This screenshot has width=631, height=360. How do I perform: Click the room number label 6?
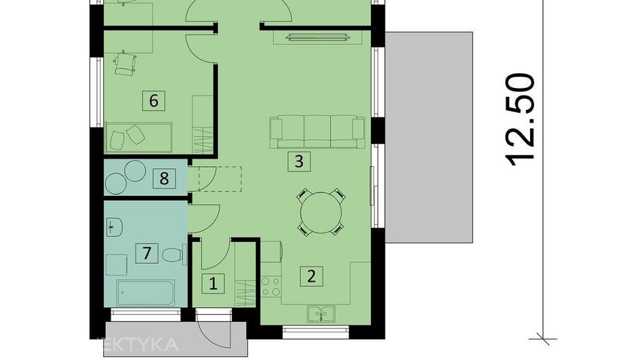coord(154,100)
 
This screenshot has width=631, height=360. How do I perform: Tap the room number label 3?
coord(299,162)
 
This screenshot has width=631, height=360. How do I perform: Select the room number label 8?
coord(164,179)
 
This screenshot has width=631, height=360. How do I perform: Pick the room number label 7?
coord(146,253)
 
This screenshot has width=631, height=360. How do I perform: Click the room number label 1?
coord(213,282)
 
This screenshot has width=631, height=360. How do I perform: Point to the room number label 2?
coord(311,276)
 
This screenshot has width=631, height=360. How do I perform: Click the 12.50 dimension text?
coord(520,119)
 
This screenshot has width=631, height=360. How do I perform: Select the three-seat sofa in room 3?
coord(317,130)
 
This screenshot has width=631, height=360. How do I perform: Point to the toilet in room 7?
coord(172,255)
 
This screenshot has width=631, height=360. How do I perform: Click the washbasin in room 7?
coord(115,226)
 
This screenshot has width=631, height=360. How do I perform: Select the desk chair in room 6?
coord(125,64)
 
